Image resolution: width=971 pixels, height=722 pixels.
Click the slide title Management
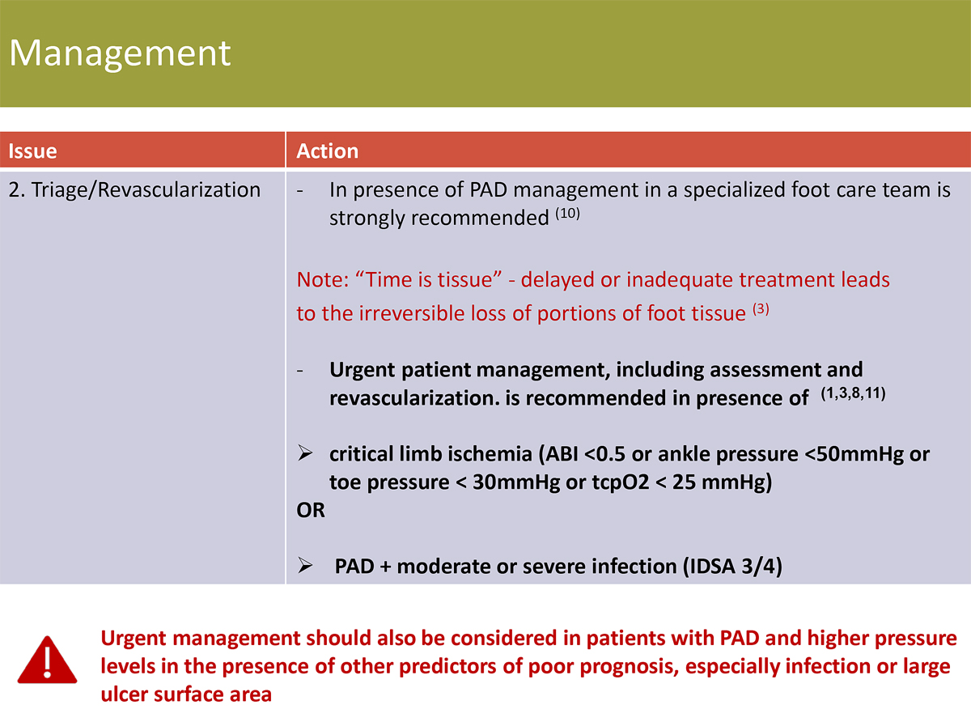[120, 54]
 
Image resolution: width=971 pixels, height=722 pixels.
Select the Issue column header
[33, 151]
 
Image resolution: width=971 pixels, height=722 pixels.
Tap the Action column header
[328, 151]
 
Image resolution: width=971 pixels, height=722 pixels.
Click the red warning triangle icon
[47, 660]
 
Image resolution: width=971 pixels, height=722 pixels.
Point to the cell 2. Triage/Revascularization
[134, 190]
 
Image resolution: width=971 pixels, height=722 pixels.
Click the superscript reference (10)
[568, 214]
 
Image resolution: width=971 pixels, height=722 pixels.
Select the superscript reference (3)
[761, 309]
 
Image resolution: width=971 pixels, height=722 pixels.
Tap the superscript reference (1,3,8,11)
[853, 393]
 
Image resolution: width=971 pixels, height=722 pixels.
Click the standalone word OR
[311, 511]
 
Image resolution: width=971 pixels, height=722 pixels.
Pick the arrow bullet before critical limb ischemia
[305, 453]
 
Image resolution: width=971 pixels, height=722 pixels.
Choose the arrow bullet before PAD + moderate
[305, 566]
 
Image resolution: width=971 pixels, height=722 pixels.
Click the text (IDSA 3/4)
[733, 567]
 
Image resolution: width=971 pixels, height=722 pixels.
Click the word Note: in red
[322, 280]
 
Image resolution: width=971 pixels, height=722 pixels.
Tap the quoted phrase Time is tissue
[429, 280]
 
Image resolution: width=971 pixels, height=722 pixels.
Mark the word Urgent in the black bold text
[363, 370]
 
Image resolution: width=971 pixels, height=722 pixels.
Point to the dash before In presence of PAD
[300, 191]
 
